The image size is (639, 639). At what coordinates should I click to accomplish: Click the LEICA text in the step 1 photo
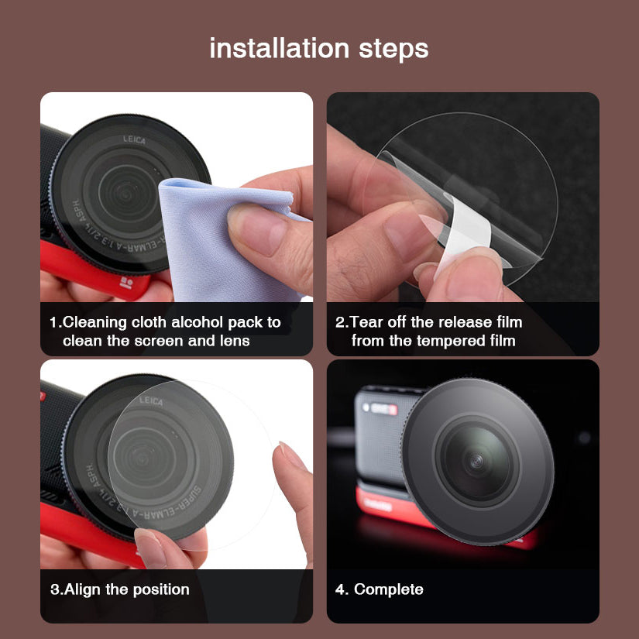133,139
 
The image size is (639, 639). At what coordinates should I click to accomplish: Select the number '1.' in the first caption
55,322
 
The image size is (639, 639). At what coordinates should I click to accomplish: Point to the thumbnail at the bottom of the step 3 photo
149,546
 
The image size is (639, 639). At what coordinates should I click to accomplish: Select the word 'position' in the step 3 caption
160,590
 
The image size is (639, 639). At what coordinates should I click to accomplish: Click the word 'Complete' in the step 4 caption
389,589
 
